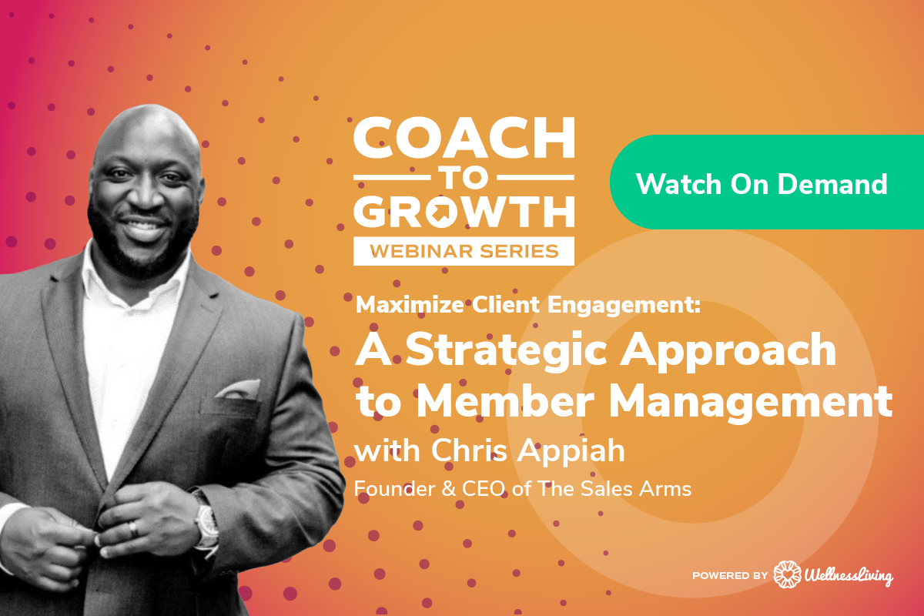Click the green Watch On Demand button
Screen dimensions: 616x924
[762, 183]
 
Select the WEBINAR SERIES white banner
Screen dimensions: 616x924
[464, 250]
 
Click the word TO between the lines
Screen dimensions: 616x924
[464, 176]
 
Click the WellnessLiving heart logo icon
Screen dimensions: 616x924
[785, 574]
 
